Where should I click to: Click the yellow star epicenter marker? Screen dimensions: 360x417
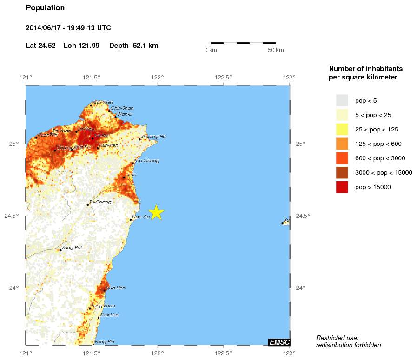tap(157, 212)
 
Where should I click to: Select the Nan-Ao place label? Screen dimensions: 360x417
tap(141, 216)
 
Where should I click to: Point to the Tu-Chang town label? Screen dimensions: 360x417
tap(98, 202)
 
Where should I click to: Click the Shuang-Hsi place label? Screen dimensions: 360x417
tap(153, 137)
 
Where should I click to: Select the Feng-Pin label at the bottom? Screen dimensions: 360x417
tap(104, 342)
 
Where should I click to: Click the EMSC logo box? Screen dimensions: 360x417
tap(279, 342)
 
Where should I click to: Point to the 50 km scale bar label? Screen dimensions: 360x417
tap(276, 50)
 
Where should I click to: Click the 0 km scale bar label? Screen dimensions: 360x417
tap(211, 50)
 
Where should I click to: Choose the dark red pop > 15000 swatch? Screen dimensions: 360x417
tap(342, 187)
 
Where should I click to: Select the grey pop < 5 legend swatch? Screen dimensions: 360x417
tap(342, 100)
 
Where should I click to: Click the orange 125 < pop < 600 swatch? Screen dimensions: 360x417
tap(342, 144)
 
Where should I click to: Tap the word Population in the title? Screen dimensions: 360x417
tap(45, 8)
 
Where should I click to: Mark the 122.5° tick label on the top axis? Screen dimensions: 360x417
tap(224, 77)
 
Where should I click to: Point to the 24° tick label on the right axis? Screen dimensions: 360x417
tap(300, 288)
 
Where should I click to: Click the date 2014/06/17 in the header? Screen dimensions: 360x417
tap(46, 28)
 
